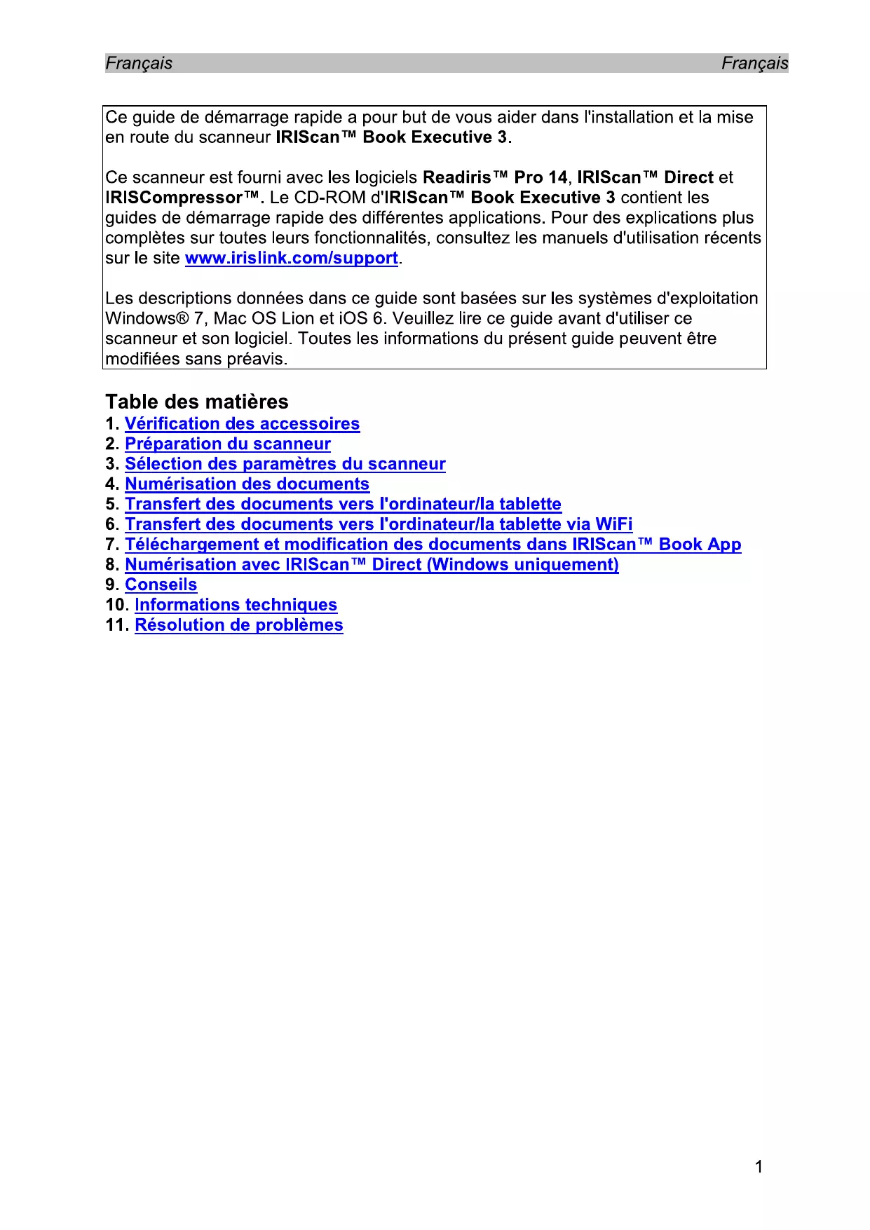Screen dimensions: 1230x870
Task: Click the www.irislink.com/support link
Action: (291, 259)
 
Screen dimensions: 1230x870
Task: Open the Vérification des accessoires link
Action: (242, 424)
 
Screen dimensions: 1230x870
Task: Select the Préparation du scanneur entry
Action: (227, 444)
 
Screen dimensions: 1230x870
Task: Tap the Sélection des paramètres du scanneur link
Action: (285, 464)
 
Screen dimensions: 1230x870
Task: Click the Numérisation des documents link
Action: (247, 484)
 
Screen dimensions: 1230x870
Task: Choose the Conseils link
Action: (161, 585)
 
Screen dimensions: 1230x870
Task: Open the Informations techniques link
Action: (236, 606)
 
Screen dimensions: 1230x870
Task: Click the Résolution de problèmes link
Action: (238, 625)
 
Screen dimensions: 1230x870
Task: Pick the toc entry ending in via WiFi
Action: (379, 525)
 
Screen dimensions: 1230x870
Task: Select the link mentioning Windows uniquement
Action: (372, 565)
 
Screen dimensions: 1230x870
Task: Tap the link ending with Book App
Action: (433, 545)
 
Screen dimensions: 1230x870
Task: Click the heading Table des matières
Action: (197, 402)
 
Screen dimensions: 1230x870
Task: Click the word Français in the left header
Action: (139, 64)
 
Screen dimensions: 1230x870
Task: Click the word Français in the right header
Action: (754, 64)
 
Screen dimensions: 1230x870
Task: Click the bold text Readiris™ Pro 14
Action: (495, 178)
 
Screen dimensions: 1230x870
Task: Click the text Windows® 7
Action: (155, 319)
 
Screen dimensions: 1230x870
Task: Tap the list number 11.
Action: (116, 625)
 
